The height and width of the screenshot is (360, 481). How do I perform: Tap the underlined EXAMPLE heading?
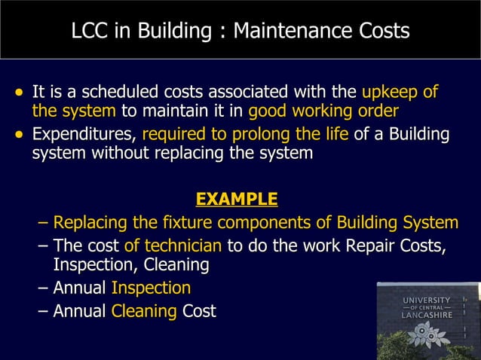tap(236, 200)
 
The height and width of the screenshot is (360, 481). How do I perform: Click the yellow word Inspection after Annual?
tap(151, 288)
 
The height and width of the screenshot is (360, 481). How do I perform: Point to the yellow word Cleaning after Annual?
tap(144, 310)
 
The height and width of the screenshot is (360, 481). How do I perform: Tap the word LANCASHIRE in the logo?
tap(427, 316)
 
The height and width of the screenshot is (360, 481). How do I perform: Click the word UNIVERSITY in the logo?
tap(427, 301)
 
